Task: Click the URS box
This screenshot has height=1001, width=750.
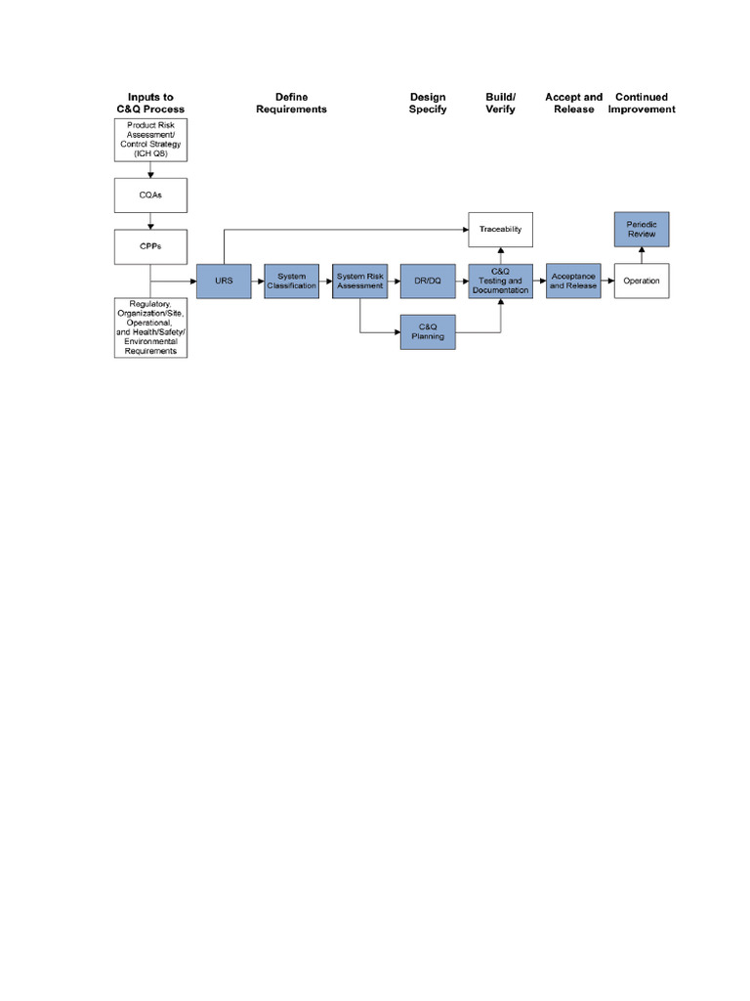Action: click(x=224, y=281)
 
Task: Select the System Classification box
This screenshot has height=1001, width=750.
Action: click(x=292, y=281)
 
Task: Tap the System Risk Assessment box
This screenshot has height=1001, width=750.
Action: click(x=360, y=281)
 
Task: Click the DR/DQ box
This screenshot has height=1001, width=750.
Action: click(x=429, y=281)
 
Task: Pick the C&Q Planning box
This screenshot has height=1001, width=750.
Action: click(x=429, y=332)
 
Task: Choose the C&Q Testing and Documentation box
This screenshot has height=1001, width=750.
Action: click(x=501, y=281)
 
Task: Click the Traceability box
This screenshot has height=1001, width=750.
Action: click(x=501, y=229)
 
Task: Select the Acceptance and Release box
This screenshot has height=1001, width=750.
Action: click(x=573, y=281)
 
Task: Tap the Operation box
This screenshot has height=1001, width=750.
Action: click(x=642, y=281)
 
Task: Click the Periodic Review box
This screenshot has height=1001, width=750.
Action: click(x=642, y=230)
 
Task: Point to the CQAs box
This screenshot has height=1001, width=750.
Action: click(x=150, y=196)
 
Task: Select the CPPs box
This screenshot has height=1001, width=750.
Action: click(x=150, y=246)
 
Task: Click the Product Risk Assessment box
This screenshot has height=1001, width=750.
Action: click(x=150, y=141)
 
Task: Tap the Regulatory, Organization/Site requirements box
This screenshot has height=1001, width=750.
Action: click(x=150, y=327)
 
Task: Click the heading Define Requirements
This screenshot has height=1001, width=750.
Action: click(x=291, y=104)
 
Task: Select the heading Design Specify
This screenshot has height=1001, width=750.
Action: click(x=428, y=104)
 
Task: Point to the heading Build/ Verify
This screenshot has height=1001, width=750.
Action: click(x=500, y=104)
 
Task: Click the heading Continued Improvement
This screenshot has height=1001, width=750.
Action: click(x=642, y=104)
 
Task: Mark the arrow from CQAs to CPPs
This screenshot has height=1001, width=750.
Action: click(x=150, y=221)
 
